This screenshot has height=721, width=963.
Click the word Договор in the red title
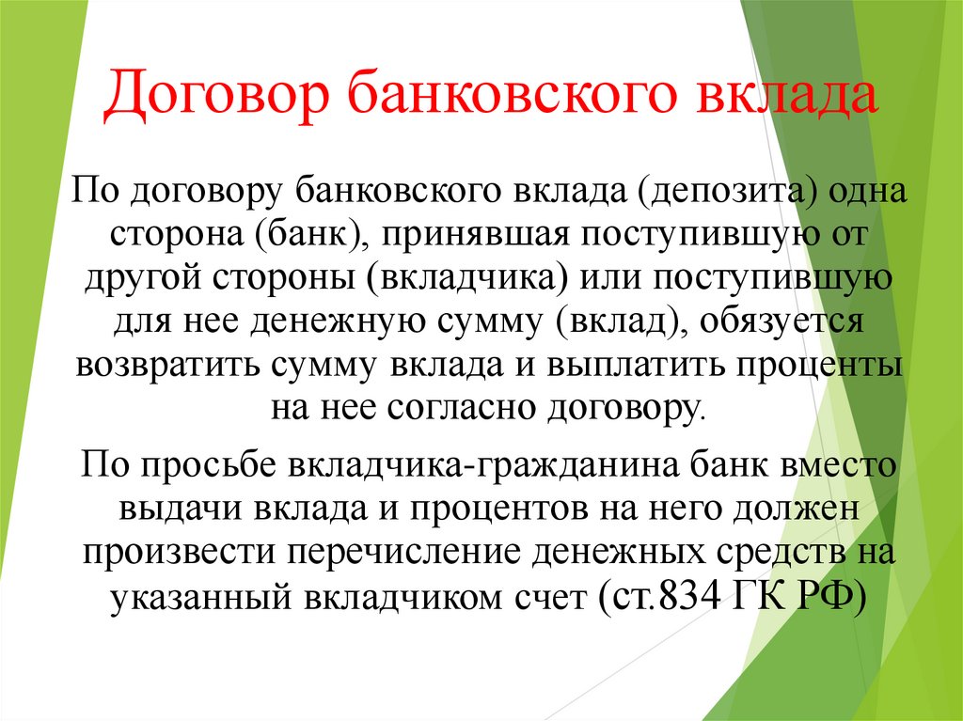pos(215,93)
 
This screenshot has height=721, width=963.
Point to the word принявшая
pos(475,234)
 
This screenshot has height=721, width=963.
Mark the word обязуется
pos(781,321)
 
